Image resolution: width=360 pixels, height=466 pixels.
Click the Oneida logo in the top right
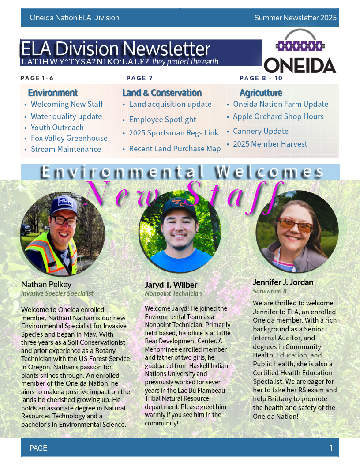pyautogui.click(x=300, y=52)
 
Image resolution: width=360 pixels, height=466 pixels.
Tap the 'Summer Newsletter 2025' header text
pyautogui.click(x=295, y=18)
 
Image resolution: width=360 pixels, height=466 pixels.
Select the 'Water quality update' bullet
pyautogui.click(x=66, y=116)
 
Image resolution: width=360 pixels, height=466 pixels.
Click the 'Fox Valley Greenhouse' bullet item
pyautogui.click(x=69, y=138)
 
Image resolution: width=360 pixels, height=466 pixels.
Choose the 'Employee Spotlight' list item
pyautogui.click(x=162, y=120)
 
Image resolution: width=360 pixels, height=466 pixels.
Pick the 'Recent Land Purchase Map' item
pyautogui.click(x=175, y=149)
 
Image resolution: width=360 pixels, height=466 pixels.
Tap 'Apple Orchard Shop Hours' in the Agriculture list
pyautogui.click(x=278, y=116)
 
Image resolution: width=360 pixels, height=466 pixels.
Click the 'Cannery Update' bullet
pyautogui.click(x=260, y=131)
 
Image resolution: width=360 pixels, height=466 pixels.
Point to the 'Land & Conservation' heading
pyautogui.click(x=162, y=93)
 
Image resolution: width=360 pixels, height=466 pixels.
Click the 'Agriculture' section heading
pyautogui.click(x=261, y=93)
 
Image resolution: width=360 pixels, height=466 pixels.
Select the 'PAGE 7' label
pyautogui.click(x=139, y=78)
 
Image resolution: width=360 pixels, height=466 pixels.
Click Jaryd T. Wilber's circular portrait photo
pyautogui.click(x=180, y=232)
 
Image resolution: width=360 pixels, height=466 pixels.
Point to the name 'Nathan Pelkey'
pyautogui.click(x=46, y=284)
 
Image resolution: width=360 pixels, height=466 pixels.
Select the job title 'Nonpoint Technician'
pyautogui.click(x=173, y=293)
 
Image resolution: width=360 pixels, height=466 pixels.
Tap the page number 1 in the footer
pyautogui.click(x=331, y=448)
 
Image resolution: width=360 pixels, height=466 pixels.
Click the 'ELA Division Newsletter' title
pyautogui.click(x=116, y=49)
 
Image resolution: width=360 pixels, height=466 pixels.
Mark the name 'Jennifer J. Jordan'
pyautogui.click(x=283, y=282)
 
